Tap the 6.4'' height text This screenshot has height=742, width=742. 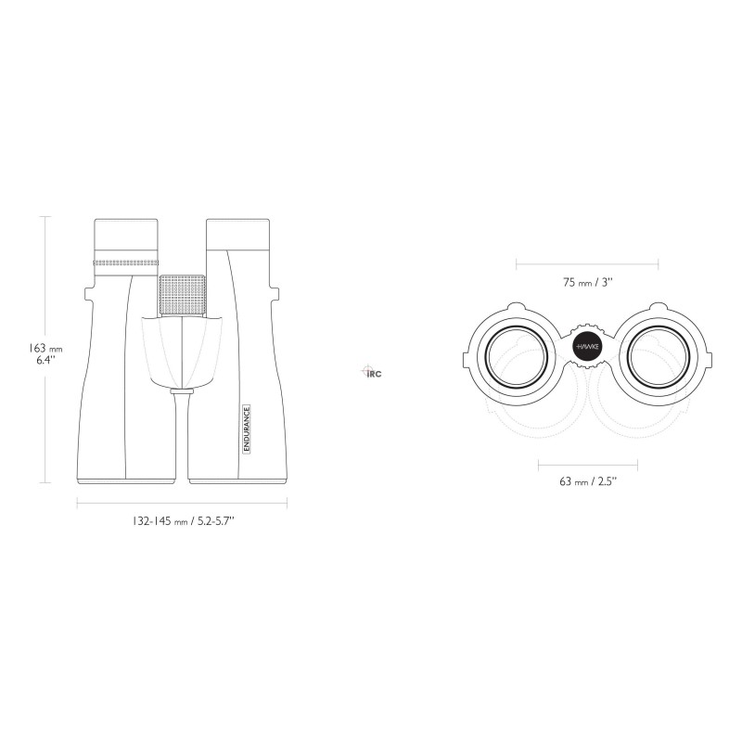click(x=45, y=360)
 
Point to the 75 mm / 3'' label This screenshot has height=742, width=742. click(x=588, y=283)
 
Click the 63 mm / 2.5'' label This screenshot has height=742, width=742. click(x=588, y=481)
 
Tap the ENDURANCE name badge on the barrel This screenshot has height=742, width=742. click(x=247, y=429)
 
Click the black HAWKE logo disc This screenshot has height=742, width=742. click(x=587, y=347)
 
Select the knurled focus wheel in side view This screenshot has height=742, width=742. click(x=183, y=294)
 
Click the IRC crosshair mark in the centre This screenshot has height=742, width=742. click(x=371, y=372)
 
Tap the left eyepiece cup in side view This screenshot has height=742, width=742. click(x=126, y=234)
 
